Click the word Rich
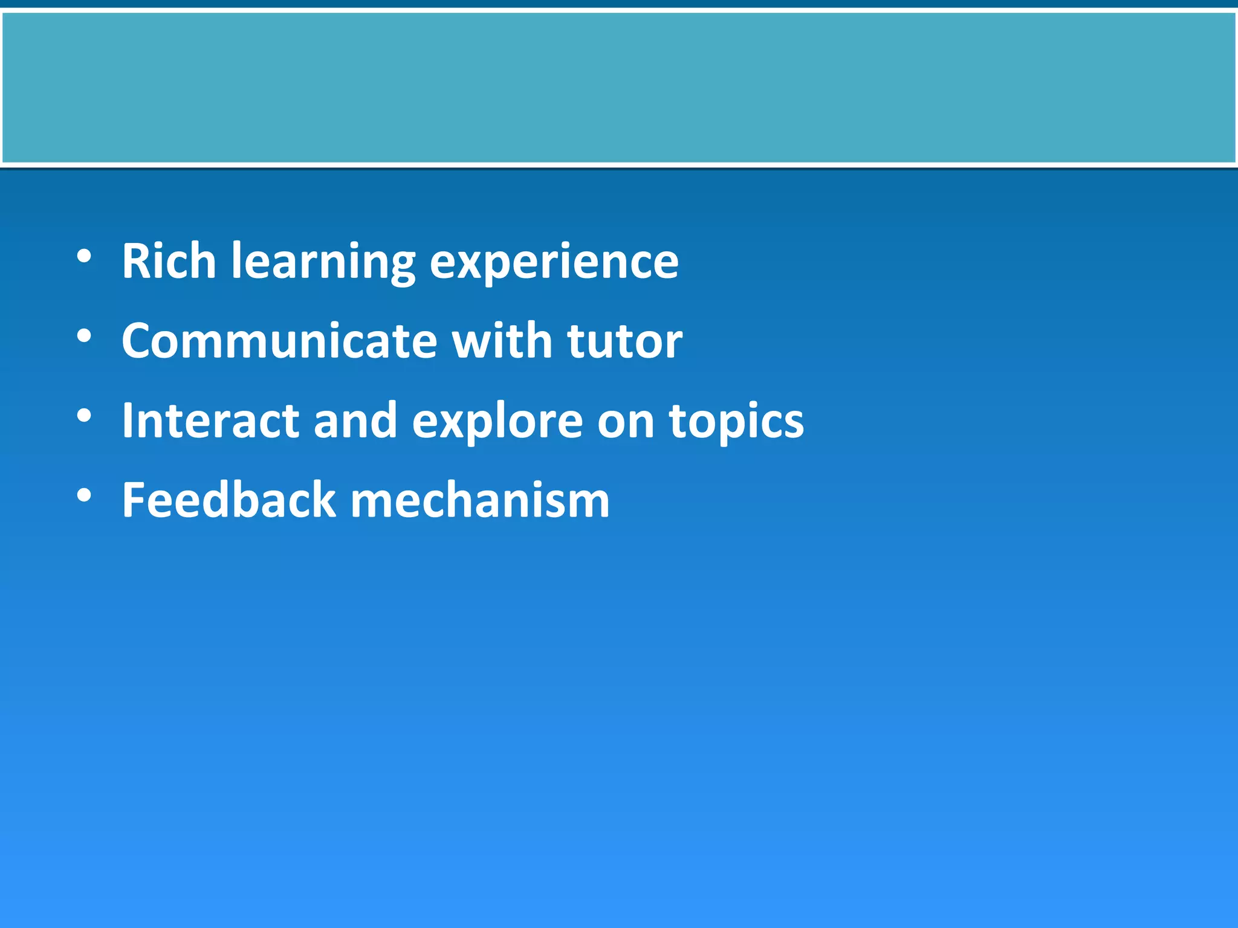point(169,261)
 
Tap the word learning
point(323,263)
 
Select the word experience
point(554,263)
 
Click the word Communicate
point(279,341)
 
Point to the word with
point(502,341)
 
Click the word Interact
point(210,420)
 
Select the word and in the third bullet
point(355,420)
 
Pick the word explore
point(497,423)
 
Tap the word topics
point(736,423)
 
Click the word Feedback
point(228,500)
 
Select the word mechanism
point(480,501)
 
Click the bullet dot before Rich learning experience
point(84,256)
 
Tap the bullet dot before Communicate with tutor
point(84,336)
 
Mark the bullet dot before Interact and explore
point(84,416)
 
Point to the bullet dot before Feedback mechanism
point(84,495)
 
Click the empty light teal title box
point(619,88)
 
